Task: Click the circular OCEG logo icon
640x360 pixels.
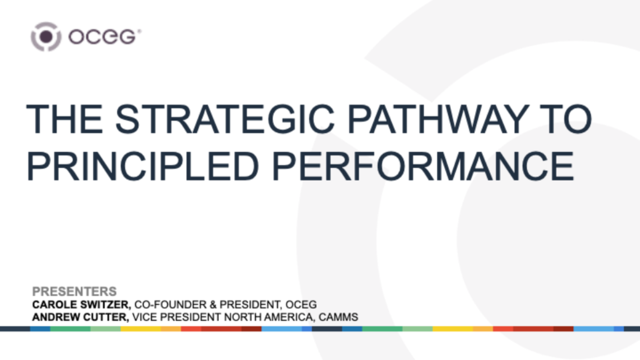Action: pyautogui.click(x=46, y=37)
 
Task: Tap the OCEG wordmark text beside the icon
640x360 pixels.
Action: pyautogui.click(x=103, y=37)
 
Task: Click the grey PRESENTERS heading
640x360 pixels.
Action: pyautogui.click(x=75, y=291)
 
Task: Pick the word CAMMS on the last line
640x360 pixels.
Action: pyautogui.click(x=338, y=317)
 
